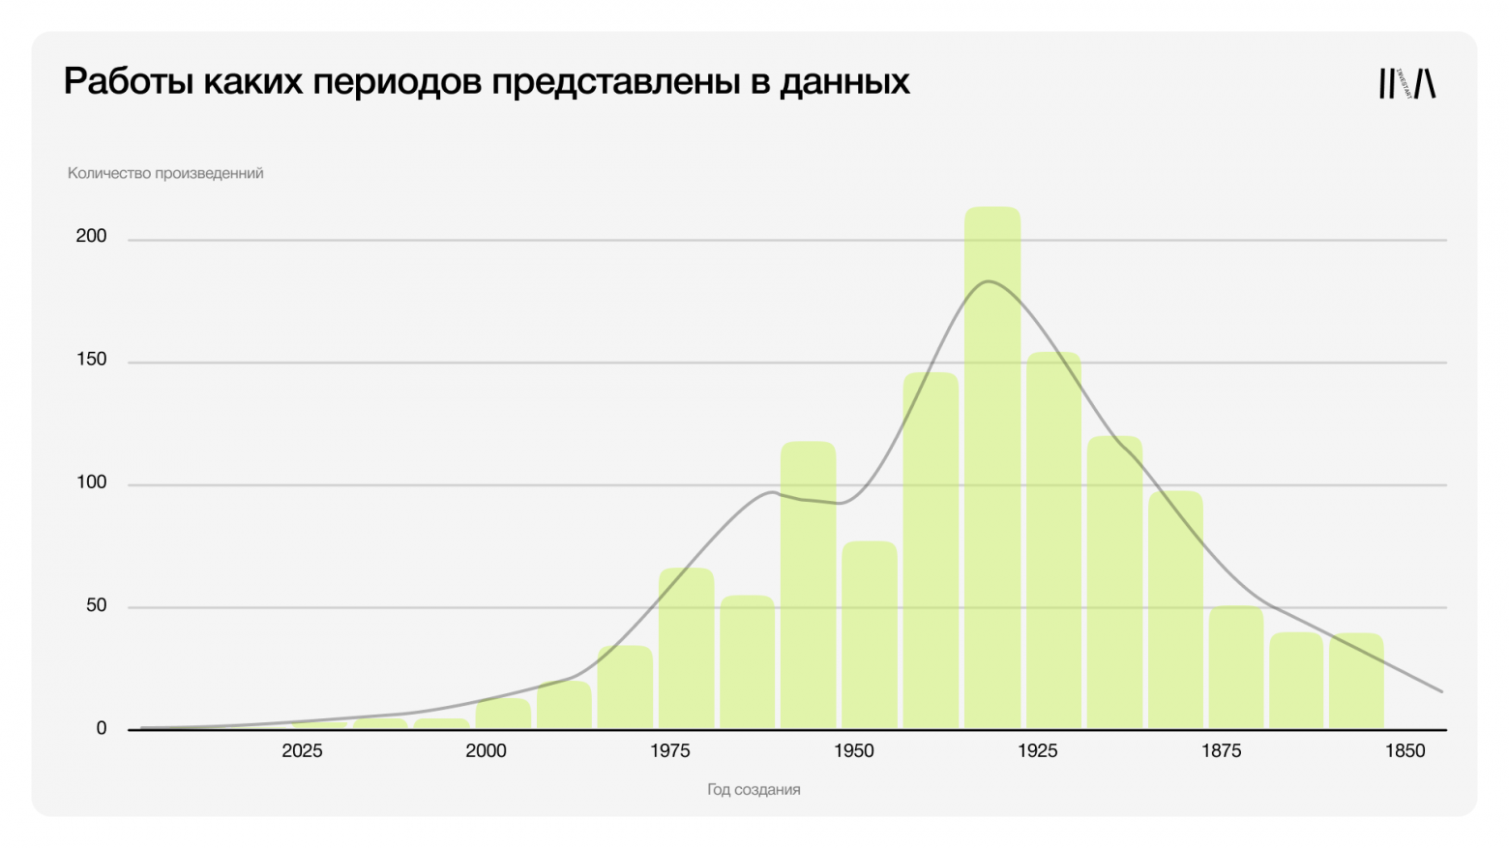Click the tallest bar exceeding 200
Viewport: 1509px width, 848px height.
[x=991, y=464]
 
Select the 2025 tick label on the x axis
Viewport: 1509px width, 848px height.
[x=302, y=751]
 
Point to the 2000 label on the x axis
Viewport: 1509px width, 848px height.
[x=486, y=751]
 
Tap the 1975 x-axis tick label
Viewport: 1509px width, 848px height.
[x=669, y=751]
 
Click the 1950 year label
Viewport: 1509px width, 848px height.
[x=853, y=751]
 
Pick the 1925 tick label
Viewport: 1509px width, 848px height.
[x=1037, y=751]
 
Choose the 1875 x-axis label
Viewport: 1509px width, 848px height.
[x=1221, y=751]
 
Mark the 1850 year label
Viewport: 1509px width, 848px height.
[x=1405, y=751]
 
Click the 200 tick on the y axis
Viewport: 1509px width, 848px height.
[x=91, y=236]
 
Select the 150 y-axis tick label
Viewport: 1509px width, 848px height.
[x=91, y=360]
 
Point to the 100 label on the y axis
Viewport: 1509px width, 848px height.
[x=91, y=482]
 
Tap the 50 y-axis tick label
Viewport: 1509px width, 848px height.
[x=96, y=605]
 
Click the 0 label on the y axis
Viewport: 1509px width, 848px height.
[x=101, y=729]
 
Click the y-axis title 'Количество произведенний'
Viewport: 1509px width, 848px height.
[x=165, y=173]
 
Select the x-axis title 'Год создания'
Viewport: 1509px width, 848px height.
[x=754, y=790]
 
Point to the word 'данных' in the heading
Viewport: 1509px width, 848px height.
[x=844, y=82]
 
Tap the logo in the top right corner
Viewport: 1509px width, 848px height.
[x=1406, y=84]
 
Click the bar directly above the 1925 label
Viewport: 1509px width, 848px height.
[x=1053, y=541]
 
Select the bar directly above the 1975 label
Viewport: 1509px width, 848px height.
[x=686, y=648]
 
